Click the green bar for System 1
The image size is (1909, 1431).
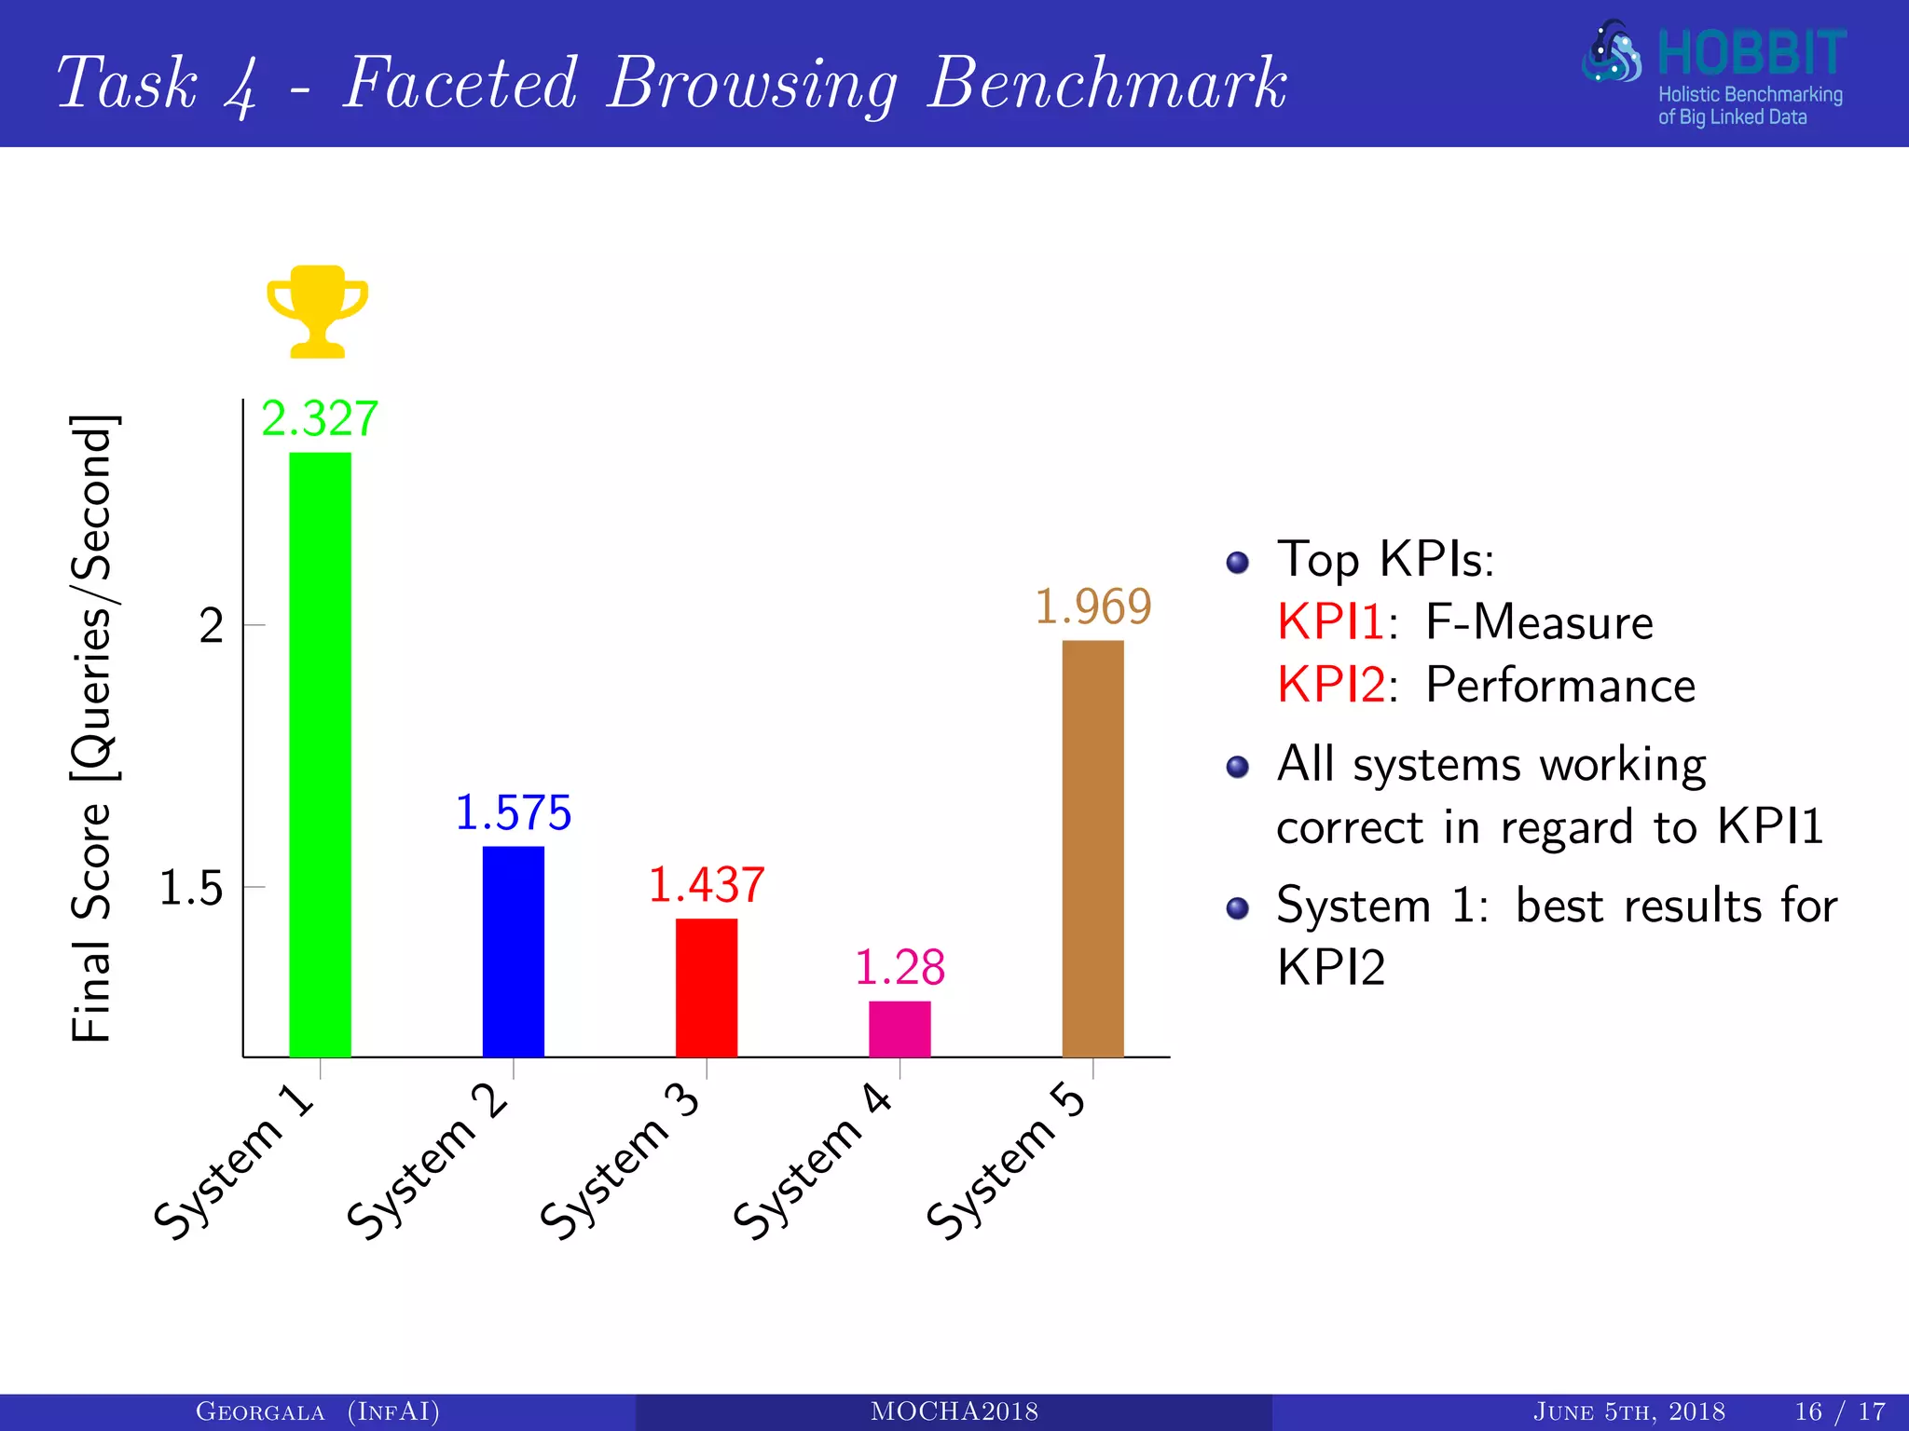(320, 755)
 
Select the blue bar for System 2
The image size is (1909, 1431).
(513, 950)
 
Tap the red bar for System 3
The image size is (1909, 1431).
(707, 988)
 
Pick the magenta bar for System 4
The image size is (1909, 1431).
(900, 1029)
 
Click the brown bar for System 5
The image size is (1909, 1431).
(1092, 848)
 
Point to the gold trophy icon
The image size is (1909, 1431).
(318, 311)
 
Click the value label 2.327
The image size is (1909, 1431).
(320, 418)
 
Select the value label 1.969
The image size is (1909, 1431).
(1093, 606)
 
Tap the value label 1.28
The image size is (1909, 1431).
(900, 967)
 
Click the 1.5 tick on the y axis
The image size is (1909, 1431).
(191, 888)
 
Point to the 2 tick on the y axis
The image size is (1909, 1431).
(212, 626)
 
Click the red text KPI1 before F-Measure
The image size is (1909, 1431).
(1330, 621)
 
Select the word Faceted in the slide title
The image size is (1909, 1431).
(460, 83)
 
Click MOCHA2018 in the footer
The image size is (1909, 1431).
(954, 1411)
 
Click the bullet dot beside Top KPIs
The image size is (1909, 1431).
(1237, 562)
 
